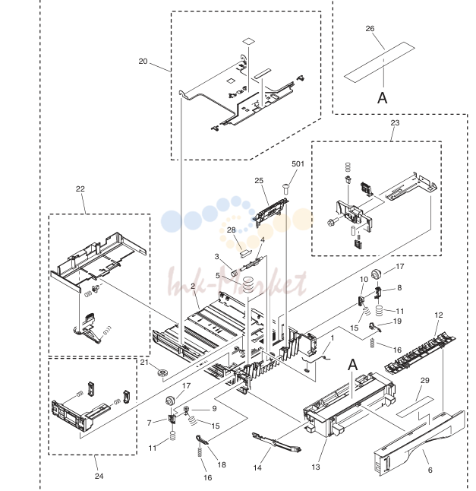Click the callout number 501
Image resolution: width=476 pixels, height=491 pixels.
tap(298, 163)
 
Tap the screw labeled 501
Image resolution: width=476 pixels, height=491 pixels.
tap(285, 188)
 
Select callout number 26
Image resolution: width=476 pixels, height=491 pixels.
tap(370, 28)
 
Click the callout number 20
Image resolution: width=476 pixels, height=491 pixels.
tap(143, 61)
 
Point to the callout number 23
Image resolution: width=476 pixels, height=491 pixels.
tap(395, 122)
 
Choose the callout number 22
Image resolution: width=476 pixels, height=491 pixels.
tap(80, 188)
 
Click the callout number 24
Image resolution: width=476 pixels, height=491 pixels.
tap(99, 476)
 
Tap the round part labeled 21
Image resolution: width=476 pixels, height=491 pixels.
tap(162, 373)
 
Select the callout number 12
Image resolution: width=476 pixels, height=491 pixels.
tap(439, 315)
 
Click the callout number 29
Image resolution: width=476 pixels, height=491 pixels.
tap(424, 381)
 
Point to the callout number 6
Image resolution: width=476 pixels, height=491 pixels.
tap(430, 470)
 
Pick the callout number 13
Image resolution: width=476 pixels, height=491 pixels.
tap(316, 467)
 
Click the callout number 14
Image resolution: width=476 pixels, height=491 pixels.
tap(257, 468)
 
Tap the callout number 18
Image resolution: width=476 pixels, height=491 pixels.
tap(222, 464)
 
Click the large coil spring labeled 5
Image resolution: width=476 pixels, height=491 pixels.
tap(248, 284)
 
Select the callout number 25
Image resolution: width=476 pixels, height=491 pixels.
tap(259, 181)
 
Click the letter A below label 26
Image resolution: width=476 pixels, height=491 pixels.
tap(382, 98)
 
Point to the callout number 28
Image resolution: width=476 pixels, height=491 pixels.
tap(231, 230)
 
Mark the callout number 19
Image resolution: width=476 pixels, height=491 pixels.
tap(397, 322)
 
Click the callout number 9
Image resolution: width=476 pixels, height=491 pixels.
tap(214, 408)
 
